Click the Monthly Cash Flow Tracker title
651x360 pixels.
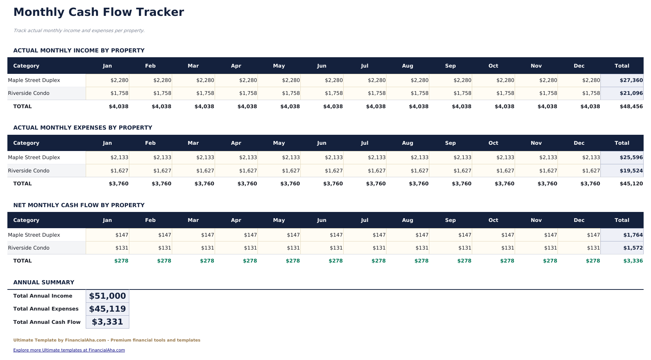(99, 12)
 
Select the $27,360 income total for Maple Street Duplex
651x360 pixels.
(631, 80)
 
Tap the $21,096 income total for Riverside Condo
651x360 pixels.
(631, 93)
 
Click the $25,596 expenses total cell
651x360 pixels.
(631, 157)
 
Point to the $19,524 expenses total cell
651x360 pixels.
(631, 171)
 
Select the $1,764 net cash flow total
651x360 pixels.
(633, 235)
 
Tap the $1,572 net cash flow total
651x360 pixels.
(633, 248)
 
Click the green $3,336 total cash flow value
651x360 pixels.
(633, 261)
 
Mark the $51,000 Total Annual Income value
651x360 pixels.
(108, 296)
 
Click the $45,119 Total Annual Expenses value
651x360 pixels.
(108, 309)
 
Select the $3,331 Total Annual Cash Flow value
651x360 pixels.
(108, 322)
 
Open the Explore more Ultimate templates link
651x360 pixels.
(69, 350)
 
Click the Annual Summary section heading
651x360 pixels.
(44, 282)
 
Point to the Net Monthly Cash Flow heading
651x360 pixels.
(79, 205)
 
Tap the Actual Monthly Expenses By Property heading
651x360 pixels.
(83, 128)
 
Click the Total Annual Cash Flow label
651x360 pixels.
(47, 322)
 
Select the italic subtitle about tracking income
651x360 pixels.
(79, 31)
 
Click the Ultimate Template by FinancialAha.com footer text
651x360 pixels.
(107, 340)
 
